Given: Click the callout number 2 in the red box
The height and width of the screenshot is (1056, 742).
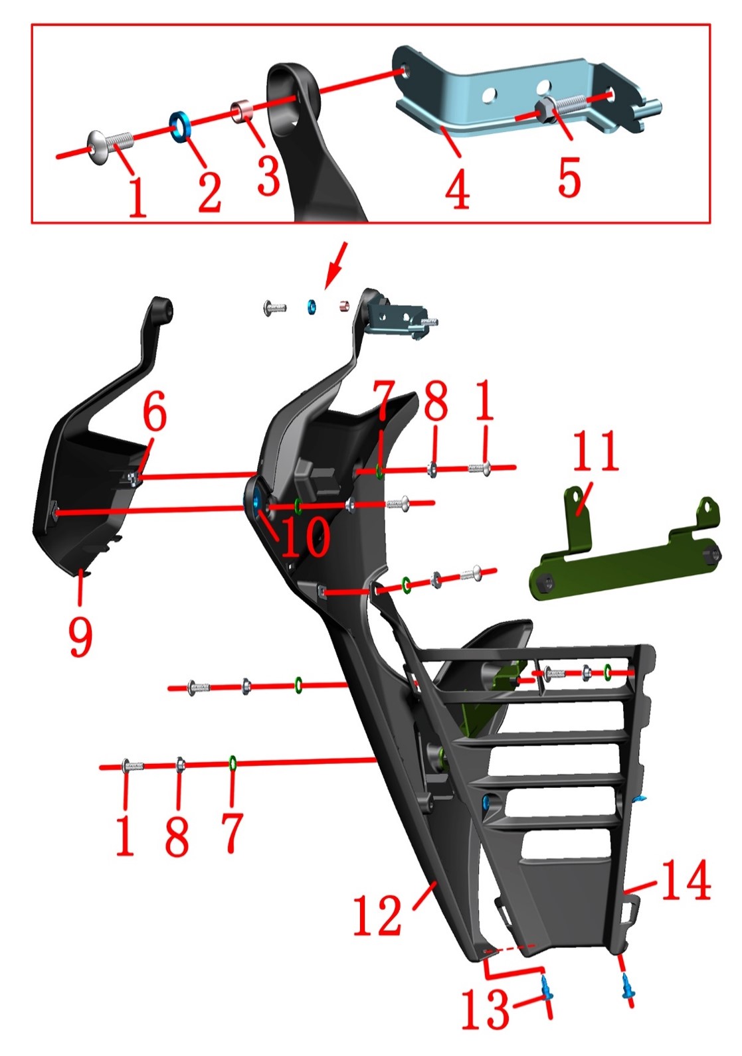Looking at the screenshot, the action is pyautogui.click(x=209, y=192).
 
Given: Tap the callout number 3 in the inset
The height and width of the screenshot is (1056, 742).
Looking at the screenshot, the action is pyautogui.click(x=269, y=175).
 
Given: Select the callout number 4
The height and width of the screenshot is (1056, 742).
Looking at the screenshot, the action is pyautogui.click(x=456, y=189).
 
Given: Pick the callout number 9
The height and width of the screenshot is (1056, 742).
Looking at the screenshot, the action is pyautogui.click(x=80, y=637).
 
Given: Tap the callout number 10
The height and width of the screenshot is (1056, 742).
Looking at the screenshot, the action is pyautogui.click(x=306, y=536).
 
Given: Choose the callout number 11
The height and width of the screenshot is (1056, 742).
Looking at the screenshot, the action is pyautogui.click(x=595, y=451).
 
